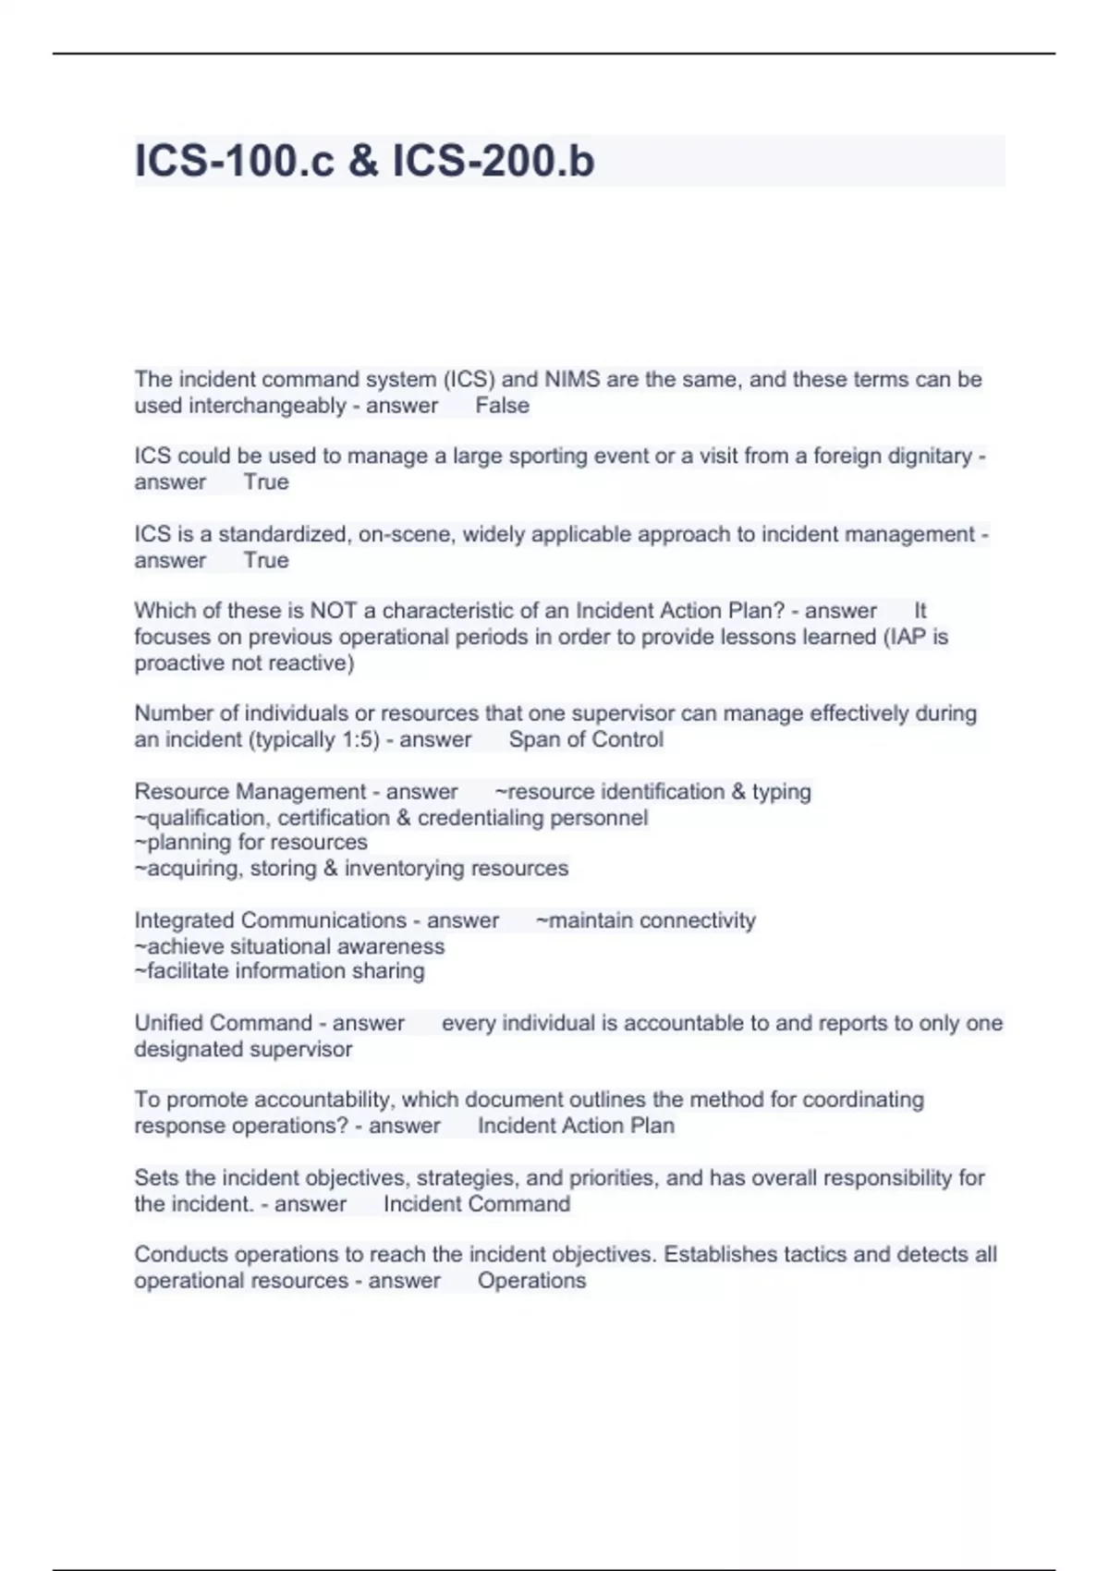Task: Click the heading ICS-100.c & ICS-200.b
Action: tap(364, 161)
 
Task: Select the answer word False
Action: tap(502, 406)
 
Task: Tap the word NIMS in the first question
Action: tap(572, 380)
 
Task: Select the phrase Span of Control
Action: tap(586, 740)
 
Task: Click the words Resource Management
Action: tap(250, 792)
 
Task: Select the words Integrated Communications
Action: tap(270, 920)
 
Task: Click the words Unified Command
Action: tap(223, 1023)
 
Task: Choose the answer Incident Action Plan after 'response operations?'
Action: tap(576, 1126)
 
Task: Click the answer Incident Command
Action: tap(477, 1204)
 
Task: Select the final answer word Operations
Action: tap(531, 1281)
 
